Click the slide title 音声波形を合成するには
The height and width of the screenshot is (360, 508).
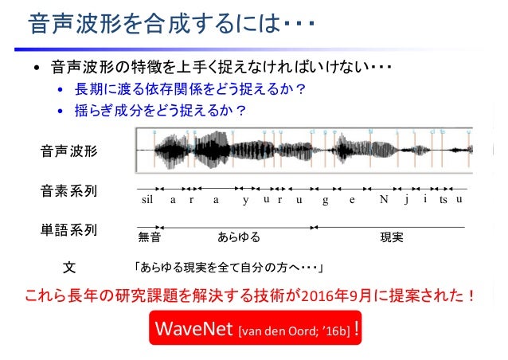coord(159,25)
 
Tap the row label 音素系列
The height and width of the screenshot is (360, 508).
coord(69,191)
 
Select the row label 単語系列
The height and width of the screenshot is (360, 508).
coord(69,231)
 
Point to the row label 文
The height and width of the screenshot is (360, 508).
coord(69,264)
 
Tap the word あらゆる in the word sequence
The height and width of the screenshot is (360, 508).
coord(239,237)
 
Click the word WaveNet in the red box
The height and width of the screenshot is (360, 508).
coord(190,328)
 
